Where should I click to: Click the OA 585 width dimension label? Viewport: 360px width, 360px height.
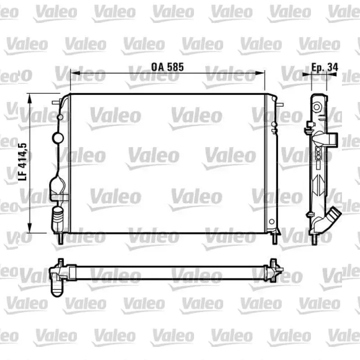[167, 67]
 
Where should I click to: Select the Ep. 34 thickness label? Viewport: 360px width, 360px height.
[324, 67]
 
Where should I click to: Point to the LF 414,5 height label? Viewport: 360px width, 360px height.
[23, 162]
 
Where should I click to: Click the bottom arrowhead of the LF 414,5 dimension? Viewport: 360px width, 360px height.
[29, 228]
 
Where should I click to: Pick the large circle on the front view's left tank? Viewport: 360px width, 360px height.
[58, 138]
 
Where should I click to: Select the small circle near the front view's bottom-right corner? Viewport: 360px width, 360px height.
[272, 222]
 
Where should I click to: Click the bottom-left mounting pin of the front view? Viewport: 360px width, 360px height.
[60, 239]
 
